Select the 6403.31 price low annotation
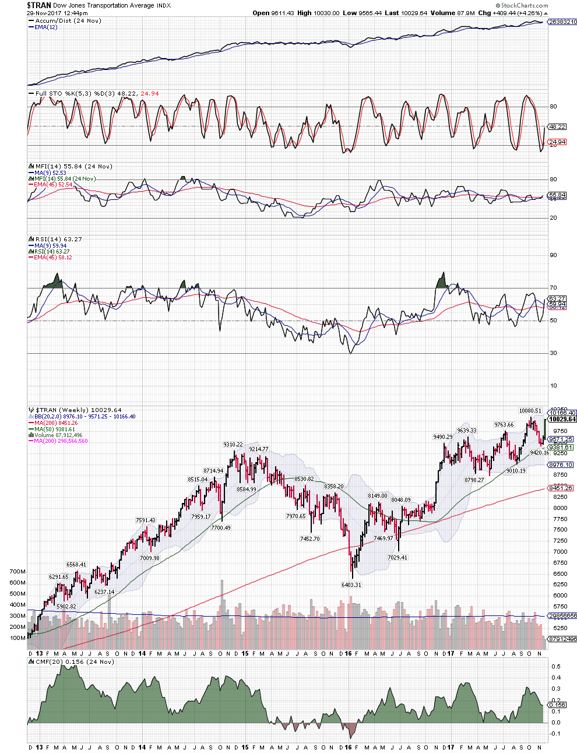351,585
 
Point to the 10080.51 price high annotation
530,411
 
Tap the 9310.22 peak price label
233,445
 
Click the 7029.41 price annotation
397,558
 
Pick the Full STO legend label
48,93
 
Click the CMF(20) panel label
49,661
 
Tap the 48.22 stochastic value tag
557,126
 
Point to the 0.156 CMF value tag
557,705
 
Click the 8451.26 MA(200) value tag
560,488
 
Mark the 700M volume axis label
17,572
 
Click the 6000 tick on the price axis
560,596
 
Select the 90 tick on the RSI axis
553,255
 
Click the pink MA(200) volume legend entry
61,441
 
